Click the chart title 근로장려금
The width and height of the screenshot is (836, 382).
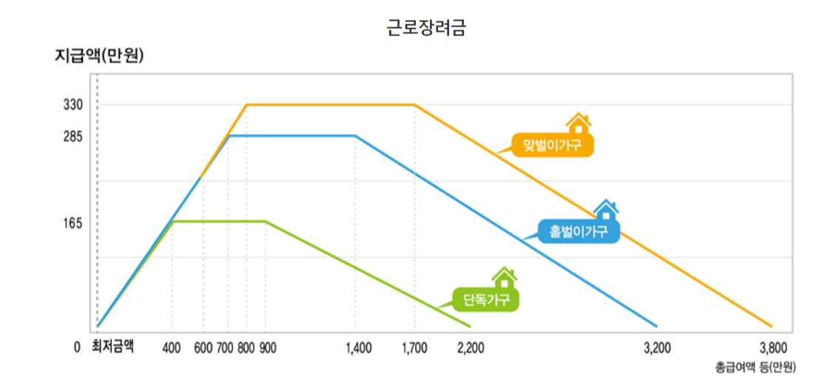coord(426,29)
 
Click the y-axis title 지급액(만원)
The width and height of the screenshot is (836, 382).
coord(98,56)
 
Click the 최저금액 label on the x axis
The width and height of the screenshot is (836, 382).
coord(113,347)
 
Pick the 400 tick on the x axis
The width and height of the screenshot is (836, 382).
coord(172,347)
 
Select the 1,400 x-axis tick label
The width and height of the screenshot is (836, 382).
coord(359,347)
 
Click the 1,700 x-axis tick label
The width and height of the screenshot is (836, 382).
coord(414,347)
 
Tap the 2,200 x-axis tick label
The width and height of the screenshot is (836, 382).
coord(471,347)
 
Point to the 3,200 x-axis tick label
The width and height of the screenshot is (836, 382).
coord(657,347)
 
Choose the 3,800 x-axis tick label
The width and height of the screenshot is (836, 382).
coord(772,347)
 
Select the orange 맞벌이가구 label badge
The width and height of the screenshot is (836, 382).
coord(553,145)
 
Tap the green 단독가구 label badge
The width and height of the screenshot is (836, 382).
coord(486,300)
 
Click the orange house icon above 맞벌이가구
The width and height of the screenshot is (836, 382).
coord(579,123)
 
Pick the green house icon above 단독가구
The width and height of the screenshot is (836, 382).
coord(505,278)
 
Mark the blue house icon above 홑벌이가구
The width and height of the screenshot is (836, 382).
coord(606,210)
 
